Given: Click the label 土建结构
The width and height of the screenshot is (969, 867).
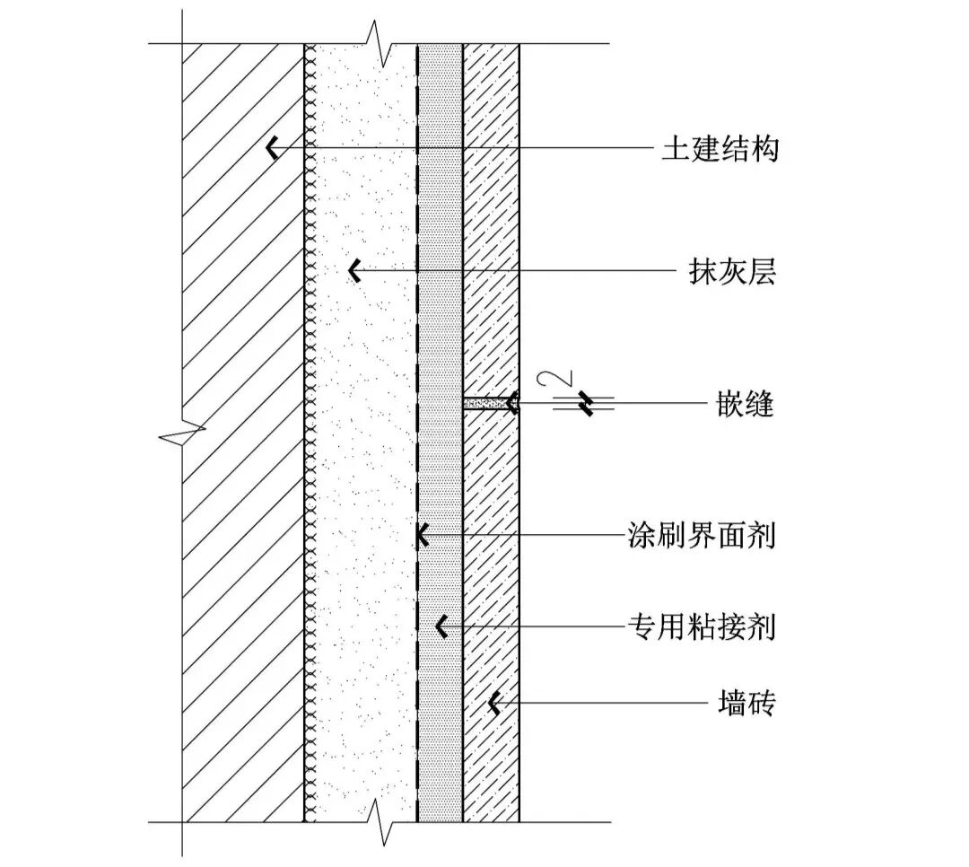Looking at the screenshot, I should point(720,149).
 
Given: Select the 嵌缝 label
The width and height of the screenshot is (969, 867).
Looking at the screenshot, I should point(746,405).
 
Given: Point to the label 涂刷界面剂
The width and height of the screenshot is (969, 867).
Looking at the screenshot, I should point(701,537).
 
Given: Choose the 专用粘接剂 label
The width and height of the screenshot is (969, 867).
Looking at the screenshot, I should point(701,626).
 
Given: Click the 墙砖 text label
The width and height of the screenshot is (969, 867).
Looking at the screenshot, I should point(746,704).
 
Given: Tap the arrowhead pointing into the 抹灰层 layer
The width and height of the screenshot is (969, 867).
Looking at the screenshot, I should point(355,270).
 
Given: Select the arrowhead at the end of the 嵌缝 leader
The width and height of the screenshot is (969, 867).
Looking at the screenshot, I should point(511,404).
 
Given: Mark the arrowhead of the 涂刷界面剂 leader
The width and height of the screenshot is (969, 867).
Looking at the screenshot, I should point(422,537).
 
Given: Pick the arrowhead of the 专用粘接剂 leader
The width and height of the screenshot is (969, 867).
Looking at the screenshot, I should point(441,626).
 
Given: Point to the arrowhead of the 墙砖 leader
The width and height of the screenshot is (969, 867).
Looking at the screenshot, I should point(493,704).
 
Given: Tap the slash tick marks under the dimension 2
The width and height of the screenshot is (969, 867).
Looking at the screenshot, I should point(585,404).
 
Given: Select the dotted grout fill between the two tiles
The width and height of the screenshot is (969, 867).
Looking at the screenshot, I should point(485,404).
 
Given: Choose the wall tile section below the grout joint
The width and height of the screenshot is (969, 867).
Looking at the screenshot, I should point(491,583).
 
